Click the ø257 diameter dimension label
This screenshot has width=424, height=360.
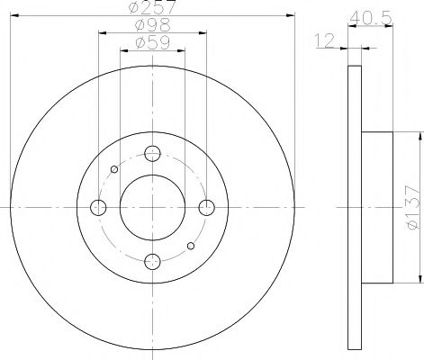click(x=151, y=6)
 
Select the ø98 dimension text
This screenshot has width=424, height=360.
click(x=153, y=25)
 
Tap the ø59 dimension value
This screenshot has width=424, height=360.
click(x=153, y=42)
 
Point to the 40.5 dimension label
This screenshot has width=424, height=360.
click(x=371, y=18)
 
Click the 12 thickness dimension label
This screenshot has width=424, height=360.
click(x=324, y=40)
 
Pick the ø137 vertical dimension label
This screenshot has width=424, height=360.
click(x=411, y=207)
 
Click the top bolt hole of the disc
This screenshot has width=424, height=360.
click(x=152, y=154)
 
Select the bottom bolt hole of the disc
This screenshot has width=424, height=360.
click(x=152, y=262)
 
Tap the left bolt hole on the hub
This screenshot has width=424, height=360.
click(x=98, y=208)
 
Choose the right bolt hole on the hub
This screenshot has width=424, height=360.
click(x=207, y=208)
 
